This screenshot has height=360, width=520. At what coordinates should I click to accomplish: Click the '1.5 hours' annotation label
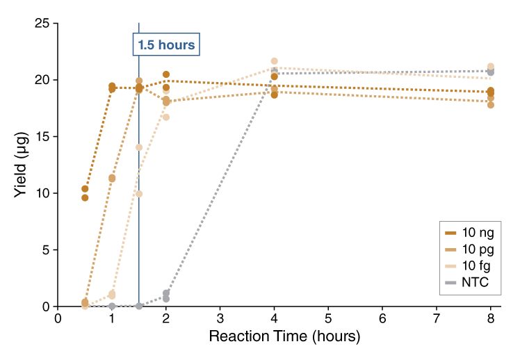166,45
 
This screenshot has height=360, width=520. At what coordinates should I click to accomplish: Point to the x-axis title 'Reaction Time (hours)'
285,337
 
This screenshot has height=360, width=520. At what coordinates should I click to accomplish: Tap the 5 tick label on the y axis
44,249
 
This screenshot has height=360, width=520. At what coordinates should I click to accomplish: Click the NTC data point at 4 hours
275,72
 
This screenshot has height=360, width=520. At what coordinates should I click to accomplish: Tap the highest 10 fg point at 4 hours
275,61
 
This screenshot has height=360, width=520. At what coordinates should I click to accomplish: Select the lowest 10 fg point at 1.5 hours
139,193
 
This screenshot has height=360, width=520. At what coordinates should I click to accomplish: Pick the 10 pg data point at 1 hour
112,178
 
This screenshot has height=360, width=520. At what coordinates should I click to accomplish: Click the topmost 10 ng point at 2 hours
166,74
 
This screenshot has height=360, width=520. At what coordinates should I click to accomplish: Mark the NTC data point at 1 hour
112,306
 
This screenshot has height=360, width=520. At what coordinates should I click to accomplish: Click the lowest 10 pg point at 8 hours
491,104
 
